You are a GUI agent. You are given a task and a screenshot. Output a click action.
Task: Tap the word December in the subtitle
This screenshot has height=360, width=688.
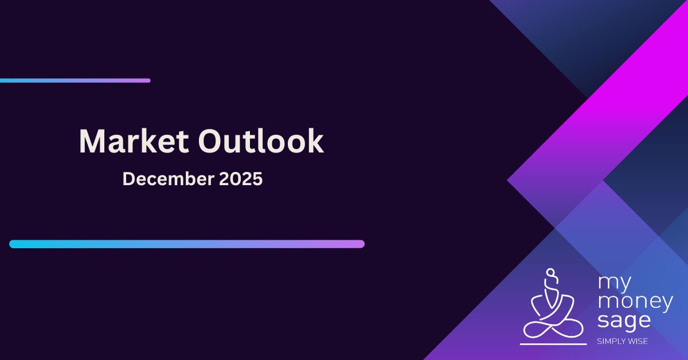click(x=168, y=179)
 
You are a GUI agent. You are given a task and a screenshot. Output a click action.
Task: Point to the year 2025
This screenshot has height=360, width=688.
click(x=241, y=179)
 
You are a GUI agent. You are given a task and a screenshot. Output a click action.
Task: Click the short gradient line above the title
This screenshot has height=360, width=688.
click(x=75, y=81)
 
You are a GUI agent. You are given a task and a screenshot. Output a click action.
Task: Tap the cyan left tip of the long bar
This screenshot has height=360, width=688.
click(x=13, y=244)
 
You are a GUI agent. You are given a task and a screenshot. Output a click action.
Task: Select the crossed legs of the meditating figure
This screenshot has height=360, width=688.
click(x=551, y=328)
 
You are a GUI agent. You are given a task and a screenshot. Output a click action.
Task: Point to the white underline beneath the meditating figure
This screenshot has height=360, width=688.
click(x=553, y=344)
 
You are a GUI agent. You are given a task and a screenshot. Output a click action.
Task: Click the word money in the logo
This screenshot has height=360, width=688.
click(x=635, y=302)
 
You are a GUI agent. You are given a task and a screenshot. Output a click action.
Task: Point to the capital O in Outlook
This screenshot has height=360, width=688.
click(x=212, y=142)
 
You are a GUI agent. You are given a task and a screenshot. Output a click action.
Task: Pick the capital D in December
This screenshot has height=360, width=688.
click(x=129, y=179)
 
